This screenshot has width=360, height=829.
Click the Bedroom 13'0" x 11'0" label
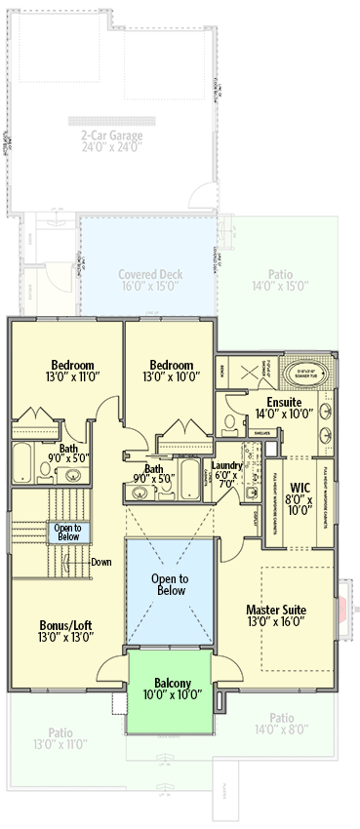click(67, 370)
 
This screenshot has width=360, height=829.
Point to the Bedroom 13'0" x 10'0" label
click(171, 370)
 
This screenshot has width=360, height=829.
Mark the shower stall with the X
click(244, 374)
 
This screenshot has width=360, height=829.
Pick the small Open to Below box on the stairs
click(68, 532)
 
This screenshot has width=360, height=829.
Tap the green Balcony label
click(171, 689)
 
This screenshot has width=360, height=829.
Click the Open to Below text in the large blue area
click(171, 583)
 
